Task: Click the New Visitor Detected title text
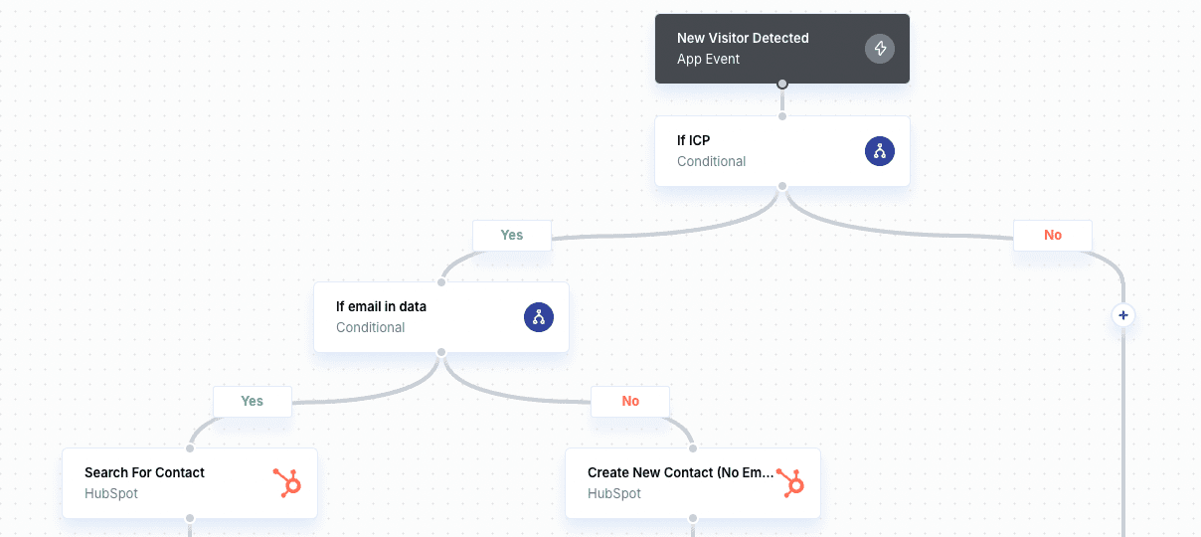743,38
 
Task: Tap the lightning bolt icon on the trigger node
879,49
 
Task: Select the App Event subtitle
708,59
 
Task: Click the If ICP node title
693,140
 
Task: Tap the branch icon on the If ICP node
879,151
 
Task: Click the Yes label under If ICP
511,236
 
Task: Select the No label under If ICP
1052,236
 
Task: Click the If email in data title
381,306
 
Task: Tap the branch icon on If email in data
538,317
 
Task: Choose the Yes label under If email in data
252,402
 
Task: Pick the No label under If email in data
629,402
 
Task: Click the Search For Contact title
144,472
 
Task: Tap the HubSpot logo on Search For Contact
286,483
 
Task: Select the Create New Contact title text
680,472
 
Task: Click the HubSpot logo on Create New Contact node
790,483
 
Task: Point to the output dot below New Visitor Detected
782,84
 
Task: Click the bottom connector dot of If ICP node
782,186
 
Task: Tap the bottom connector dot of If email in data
441,352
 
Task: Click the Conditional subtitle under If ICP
711,161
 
